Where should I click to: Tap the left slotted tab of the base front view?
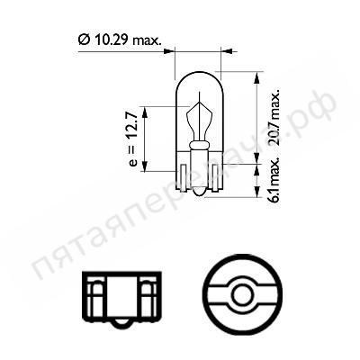[x=95, y=293]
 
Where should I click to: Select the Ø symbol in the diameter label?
[x=84, y=40]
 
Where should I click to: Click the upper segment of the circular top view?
[x=238, y=273]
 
